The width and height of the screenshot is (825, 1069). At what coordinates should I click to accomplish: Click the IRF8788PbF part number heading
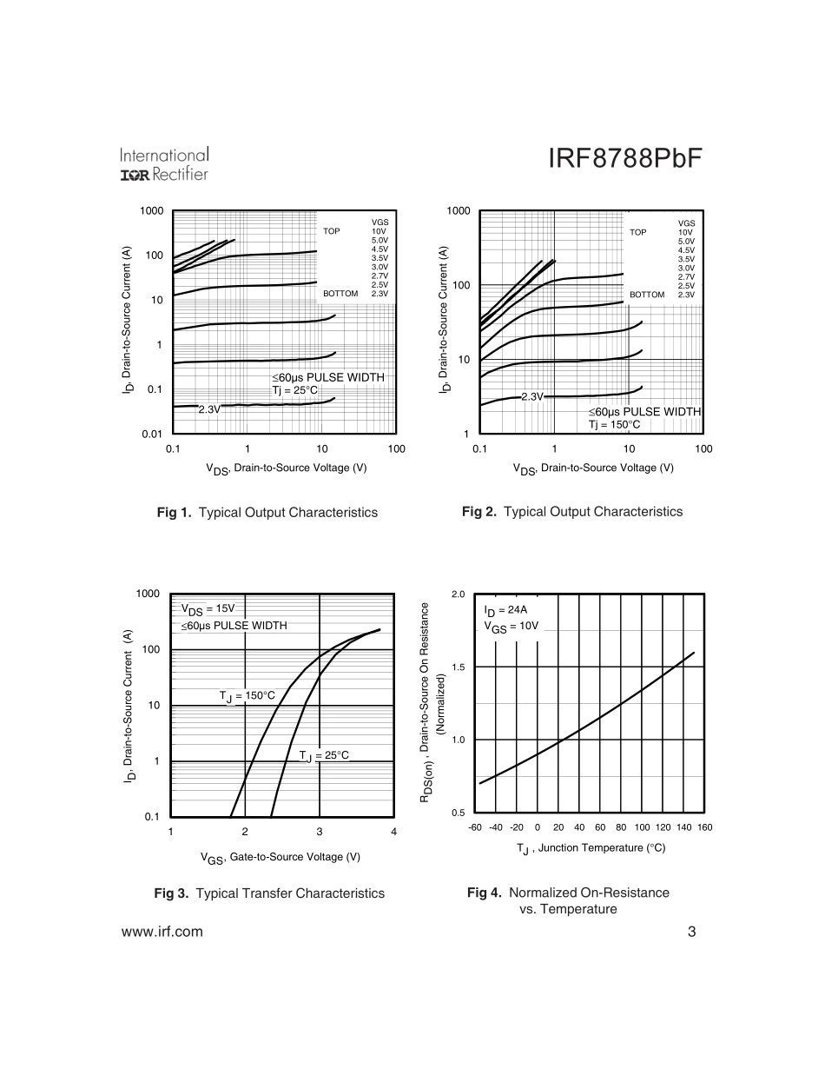(624, 159)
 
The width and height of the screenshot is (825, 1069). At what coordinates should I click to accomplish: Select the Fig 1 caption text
(267, 513)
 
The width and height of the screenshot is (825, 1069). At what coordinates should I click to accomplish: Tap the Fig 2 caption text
(572, 512)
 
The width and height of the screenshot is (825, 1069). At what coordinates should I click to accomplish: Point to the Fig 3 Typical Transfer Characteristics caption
(269, 893)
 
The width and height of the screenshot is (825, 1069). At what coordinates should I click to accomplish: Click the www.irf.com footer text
(162, 932)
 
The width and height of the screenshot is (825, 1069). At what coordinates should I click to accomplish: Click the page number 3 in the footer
(691, 932)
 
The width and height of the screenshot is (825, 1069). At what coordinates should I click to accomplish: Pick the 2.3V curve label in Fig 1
(209, 408)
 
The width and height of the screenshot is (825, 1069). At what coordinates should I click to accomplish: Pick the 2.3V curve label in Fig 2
(531, 396)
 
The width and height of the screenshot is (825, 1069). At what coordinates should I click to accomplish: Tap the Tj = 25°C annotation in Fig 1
(295, 389)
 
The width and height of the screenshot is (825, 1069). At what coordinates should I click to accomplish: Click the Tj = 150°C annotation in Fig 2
(614, 424)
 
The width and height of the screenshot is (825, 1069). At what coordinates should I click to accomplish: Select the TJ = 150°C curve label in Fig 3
(247, 695)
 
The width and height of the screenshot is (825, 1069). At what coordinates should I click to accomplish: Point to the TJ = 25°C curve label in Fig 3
(324, 755)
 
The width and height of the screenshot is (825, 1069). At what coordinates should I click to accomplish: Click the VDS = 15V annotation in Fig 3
(208, 609)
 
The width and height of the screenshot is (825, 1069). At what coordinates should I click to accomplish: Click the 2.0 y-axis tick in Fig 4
(459, 594)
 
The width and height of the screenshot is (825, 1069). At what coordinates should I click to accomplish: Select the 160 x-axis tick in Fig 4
(704, 827)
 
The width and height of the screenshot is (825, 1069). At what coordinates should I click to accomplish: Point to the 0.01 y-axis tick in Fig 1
(153, 434)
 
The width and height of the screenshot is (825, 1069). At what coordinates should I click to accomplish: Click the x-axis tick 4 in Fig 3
(394, 833)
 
